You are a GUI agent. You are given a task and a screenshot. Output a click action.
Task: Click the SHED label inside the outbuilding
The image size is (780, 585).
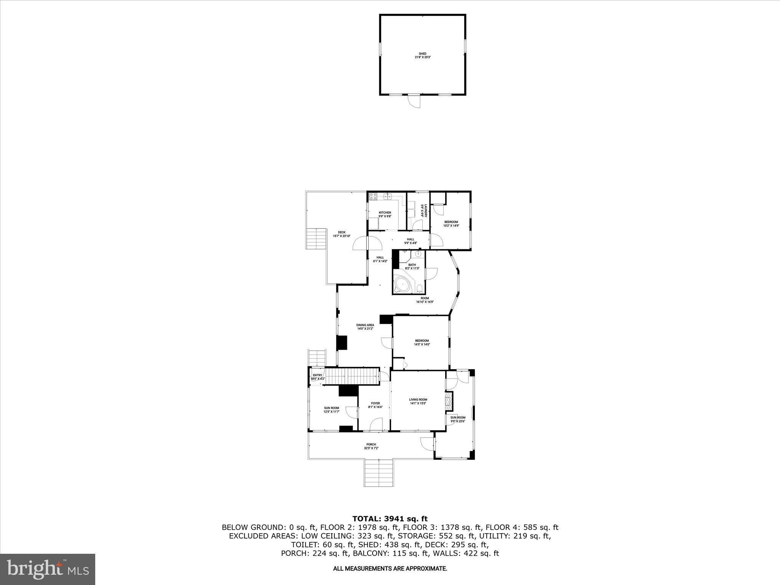pyautogui.click(x=422, y=54)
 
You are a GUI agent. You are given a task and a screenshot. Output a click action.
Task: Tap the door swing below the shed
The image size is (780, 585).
pyautogui.click(x=414, y=102)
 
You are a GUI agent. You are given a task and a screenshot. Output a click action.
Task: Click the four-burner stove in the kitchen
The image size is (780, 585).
pyautogui.click(x=374, y=197)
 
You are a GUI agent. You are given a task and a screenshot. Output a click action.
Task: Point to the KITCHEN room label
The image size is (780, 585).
pyautogui.click(x=385, y=213)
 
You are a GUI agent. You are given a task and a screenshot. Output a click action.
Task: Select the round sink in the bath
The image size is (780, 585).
pyautogui.click(x=418, y=254)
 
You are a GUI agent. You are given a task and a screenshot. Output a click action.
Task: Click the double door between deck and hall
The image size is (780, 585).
pyautogui.click(x=368, y=243)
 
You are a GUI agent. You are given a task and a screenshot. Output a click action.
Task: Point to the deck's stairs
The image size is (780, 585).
pyautogui.click(x=317, y=238)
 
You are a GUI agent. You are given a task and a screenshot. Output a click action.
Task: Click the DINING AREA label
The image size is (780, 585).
pyautogui.click(x=365, y=325)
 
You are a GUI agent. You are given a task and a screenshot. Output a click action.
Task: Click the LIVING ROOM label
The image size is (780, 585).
pyautogui.click(x=418, y=400)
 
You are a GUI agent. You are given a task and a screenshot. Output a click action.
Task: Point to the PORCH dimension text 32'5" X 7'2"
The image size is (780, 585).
pyautogui.click(x=371, y=448)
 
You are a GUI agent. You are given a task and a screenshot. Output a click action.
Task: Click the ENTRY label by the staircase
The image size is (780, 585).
pyautogui.click(x=318, y=375)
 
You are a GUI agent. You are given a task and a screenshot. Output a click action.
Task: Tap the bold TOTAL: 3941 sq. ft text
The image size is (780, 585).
pyautogui.click(x=390, y=519)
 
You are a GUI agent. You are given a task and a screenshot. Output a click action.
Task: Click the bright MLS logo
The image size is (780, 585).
pyautogui.click(x=48, y=569)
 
